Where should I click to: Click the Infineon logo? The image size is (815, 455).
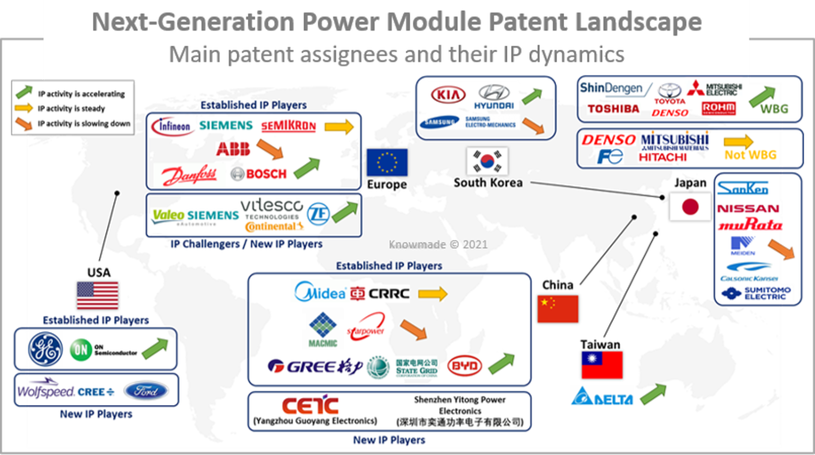point(171,126)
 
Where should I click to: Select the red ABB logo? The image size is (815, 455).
point(232,149)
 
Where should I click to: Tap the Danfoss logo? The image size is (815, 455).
point(189,174)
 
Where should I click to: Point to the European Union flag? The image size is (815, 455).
point(387,162)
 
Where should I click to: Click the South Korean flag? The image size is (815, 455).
point(487,161)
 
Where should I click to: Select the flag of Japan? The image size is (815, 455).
point(690,206)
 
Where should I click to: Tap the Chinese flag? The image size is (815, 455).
point(557,309)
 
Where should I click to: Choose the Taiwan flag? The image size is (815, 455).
point(602,365)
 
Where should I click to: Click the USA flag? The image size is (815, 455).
point(98,295)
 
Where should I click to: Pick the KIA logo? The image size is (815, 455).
point(448,95)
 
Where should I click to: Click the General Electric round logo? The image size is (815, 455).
point(45,349)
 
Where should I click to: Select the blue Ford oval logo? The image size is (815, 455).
point(146,391)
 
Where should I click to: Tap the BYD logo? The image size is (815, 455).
point(464,366)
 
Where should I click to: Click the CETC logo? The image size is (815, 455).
point(310,406)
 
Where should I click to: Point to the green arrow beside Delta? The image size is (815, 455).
point(653,394)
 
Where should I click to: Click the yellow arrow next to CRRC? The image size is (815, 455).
point(432,294)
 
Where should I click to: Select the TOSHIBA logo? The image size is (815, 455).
point(613,109)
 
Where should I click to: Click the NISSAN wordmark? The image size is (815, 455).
point(748,208)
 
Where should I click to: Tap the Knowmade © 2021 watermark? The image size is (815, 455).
point(438,244)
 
